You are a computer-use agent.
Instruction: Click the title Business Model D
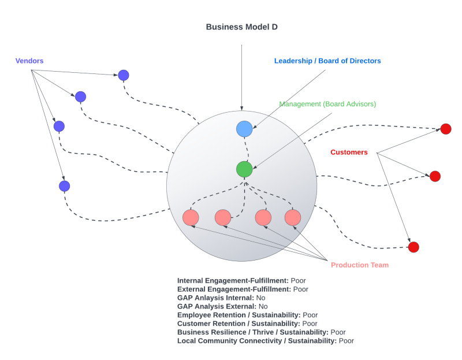[x=243, y=27]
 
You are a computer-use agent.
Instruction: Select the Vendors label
[x=29, y=61]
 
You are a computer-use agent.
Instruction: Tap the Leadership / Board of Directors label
[x=327, y=61]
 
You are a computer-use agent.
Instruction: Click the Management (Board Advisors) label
[x=327, y=104]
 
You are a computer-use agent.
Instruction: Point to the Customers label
[x=349, y=152]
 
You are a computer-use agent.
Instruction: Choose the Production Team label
[x=359, y=265]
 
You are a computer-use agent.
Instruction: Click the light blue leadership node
[x=244, y=129]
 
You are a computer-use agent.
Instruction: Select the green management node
[x=244, y=169]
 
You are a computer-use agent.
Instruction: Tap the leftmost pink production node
[x=191, y=217]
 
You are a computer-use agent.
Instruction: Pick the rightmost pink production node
[x=293, y=217]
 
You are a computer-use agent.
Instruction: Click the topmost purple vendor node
[x=124, y=75]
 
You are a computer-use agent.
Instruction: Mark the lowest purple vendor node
[x=65, y=186]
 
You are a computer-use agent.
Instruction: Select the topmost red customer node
[x=446, y=129]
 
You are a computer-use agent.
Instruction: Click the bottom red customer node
[x=413, y=247]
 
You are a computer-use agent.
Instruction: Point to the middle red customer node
[x=435, y=176]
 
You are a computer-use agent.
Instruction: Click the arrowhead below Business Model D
[x=242, y=108]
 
